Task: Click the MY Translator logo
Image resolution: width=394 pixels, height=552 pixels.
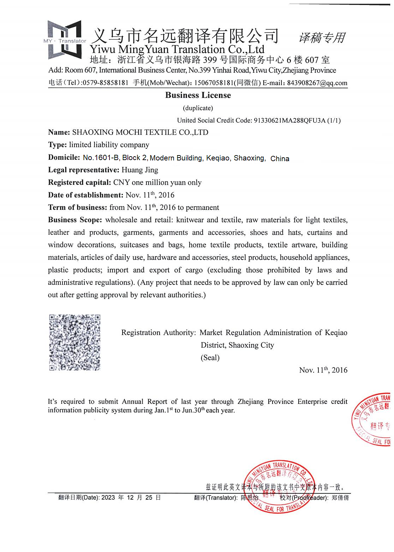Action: click(65, 40)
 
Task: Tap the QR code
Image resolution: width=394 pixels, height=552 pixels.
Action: click(74, 342)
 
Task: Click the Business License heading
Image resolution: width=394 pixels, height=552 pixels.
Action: click(198, 95)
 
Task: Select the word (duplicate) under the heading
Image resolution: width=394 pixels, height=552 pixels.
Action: click(198, 108)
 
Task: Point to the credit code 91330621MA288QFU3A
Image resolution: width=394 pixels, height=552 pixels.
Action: click(289, 121)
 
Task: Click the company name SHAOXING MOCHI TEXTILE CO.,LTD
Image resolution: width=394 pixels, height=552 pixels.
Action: click(140, 133)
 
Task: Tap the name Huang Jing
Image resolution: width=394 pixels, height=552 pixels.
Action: click(140, 170)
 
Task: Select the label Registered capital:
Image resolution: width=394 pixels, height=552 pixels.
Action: click(79, 183)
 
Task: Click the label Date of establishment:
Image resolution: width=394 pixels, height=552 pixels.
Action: click(85, 195)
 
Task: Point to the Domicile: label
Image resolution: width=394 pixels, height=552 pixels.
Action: click(64, 158)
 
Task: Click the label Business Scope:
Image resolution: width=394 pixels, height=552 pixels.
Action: click(75, 220)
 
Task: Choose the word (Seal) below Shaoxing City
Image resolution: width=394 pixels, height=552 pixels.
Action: click(210, 358)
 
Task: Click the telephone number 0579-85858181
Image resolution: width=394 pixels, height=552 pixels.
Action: click(105, 83)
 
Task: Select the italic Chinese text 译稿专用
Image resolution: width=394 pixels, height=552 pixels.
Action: click(322, 38)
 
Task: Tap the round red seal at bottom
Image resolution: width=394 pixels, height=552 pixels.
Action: click(279, 487)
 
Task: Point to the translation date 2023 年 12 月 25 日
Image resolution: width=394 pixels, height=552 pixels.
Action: click(131, 498)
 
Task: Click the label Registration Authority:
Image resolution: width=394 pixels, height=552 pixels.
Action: click(158, 333)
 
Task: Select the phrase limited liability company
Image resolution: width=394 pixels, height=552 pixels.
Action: click(109, 145)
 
